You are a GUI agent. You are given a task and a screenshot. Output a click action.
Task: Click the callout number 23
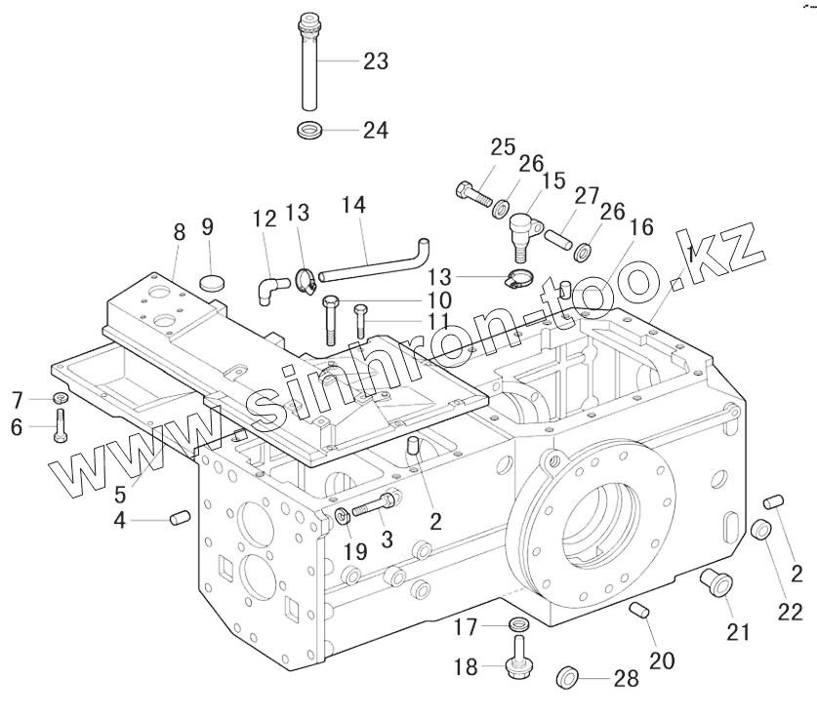tap(375, 61)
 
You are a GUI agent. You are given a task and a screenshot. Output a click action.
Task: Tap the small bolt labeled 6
tap(60, 425)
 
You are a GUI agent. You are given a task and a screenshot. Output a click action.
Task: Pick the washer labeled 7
tap(59, 398)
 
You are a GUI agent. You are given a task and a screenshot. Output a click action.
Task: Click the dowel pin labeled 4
tap(178, 517)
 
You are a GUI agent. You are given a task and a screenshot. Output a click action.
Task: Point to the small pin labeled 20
tap(640, 613)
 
